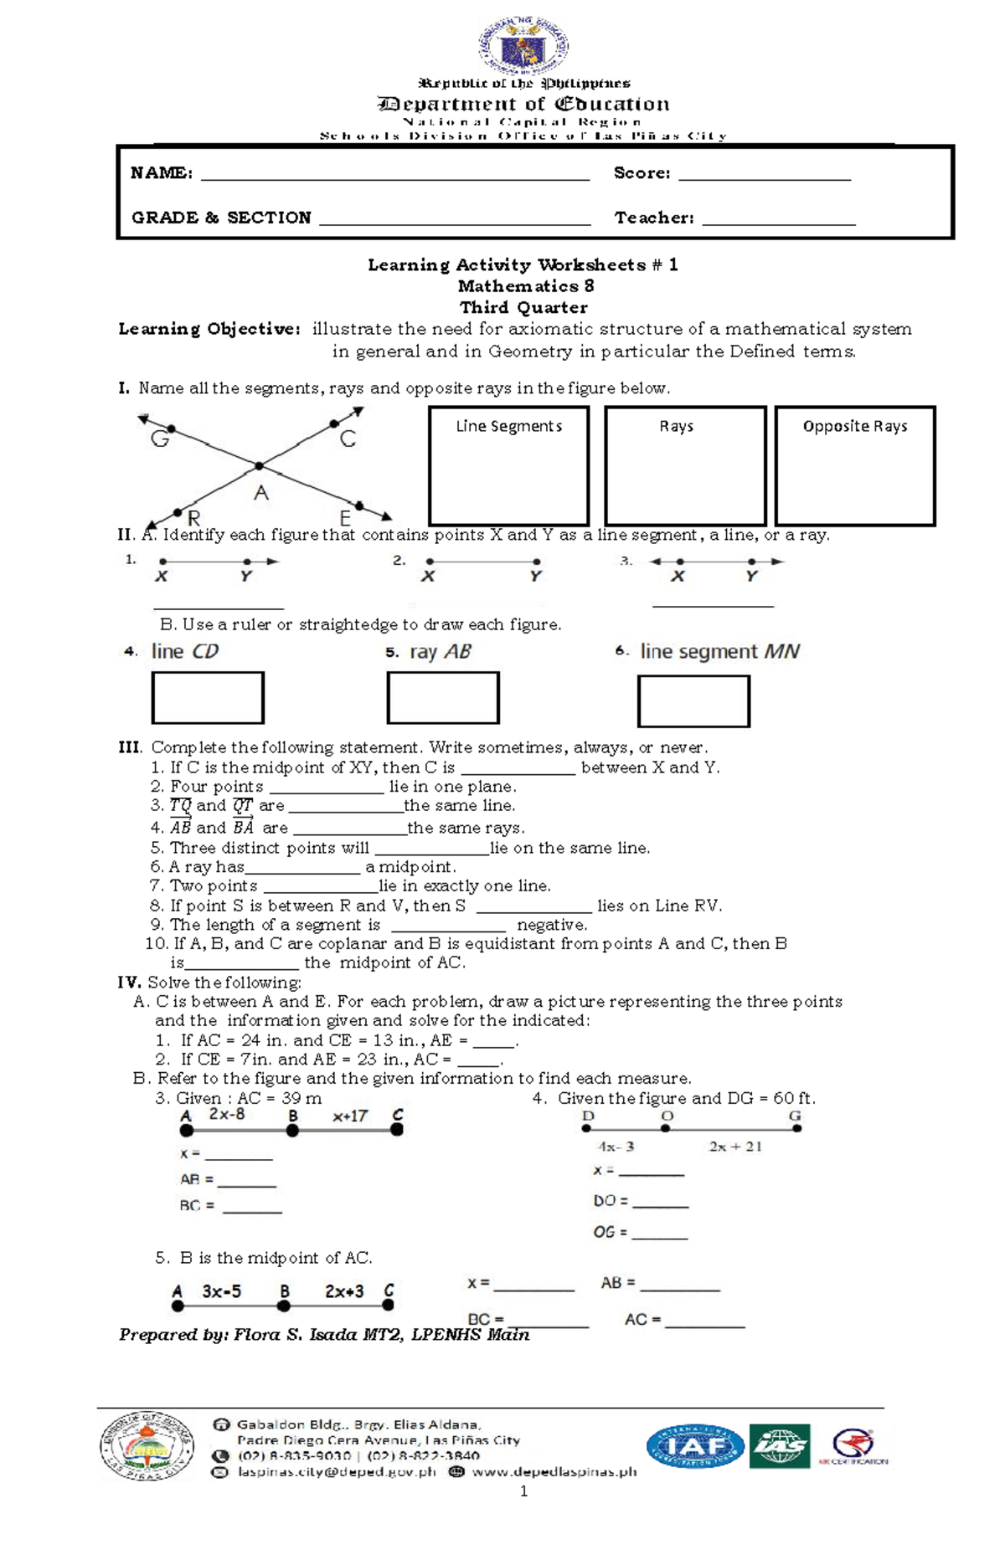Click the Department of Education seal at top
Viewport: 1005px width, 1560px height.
point(524,46)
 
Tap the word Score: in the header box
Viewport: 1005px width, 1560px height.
point(642,173)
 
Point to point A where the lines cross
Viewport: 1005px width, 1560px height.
point(260,466)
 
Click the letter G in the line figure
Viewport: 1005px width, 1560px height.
point(160,439)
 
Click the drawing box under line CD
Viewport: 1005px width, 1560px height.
point(208,697)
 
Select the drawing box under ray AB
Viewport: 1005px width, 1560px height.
point(443,697)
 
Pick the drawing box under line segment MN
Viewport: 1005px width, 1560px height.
point(693,701)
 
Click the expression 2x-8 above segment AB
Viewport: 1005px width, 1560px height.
point(227,1114)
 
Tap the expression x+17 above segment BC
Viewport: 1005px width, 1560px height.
point(350,1116)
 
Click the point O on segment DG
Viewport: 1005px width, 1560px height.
point(665,1128)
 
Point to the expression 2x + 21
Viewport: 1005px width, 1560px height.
point(735,1147)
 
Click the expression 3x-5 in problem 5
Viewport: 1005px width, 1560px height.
point(222,1291)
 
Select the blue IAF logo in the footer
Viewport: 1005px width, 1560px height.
point(694,1446)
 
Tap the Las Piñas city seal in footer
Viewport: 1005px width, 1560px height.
point(147,1445)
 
